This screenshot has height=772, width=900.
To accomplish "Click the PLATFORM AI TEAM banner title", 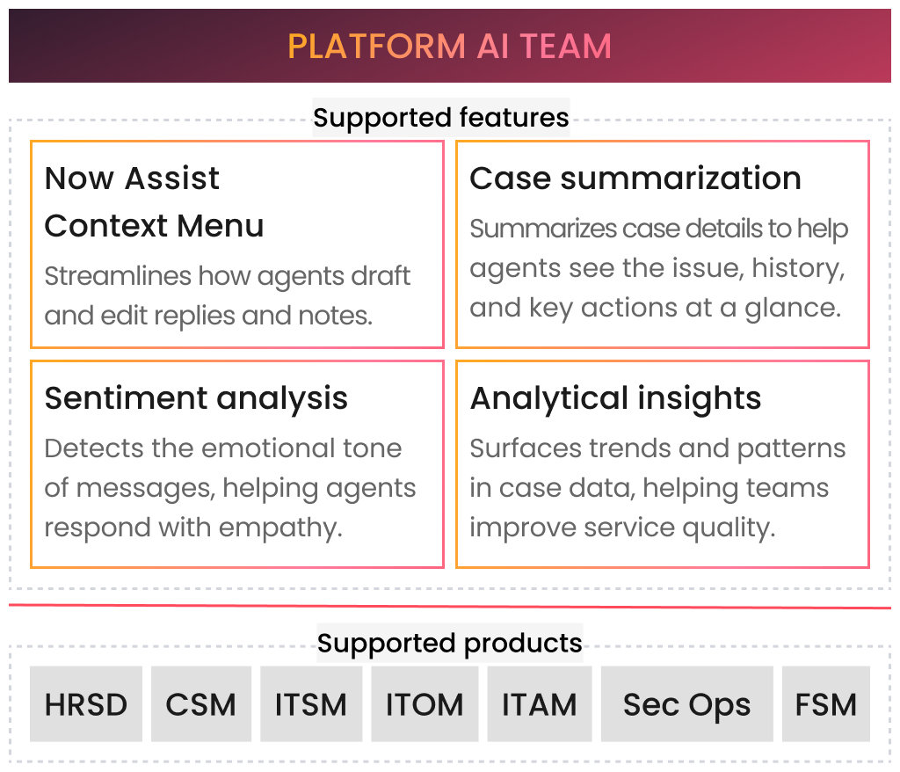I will pyautogui.click(x=449, y=46).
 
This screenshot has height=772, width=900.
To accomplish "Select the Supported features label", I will pyautogui.click(x=441, y=117).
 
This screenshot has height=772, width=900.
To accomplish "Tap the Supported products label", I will pyautogui.click(x=449, y=644).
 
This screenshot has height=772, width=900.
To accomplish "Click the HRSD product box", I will pyautogui.click(x=86, y=704).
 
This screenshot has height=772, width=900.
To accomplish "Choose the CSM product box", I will pyautogui.click(x=201, y=704).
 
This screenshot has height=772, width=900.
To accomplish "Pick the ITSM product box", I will pyautogui.click(x=311, y=704).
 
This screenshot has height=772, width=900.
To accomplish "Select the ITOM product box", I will pyautogui.click(x=425, y=704).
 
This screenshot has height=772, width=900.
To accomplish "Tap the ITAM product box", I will pyautogui.click(x=539, y=704).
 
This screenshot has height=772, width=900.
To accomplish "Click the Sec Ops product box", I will pyautogui.click(x=686, y=704).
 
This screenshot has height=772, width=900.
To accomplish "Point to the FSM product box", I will pyautogui.click(x=825, y=704).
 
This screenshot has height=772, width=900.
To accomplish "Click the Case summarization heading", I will pyautogui.click(x=635, y=178).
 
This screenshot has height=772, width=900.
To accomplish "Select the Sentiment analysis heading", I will pyautogui.click(x=196, y=398).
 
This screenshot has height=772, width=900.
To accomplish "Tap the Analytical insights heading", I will pyautogui.click(x=615, y=398).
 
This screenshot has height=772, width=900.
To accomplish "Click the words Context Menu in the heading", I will pyautogui.click(x=154, y=226).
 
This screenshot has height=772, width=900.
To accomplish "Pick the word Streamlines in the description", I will pyautogui.click(x=117, y=276).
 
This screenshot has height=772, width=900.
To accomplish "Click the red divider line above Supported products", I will pyautogui.click(x=449, y=606).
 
